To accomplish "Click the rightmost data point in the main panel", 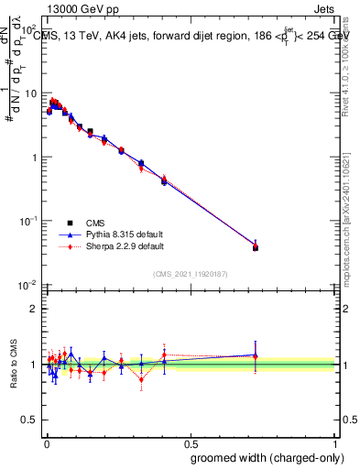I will coord(256,247).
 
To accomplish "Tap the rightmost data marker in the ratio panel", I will coord(256,355).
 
